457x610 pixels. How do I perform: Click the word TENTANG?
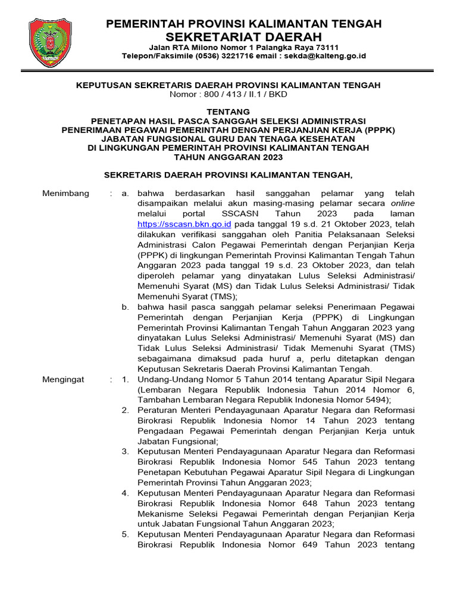[228, 111]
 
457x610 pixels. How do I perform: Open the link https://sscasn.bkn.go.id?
[184, 225]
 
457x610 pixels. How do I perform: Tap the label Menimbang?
[66, 193]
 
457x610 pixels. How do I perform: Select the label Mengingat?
[64, 379]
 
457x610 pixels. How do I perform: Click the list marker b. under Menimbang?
[126, 307]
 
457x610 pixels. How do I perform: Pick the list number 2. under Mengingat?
[126, 410]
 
